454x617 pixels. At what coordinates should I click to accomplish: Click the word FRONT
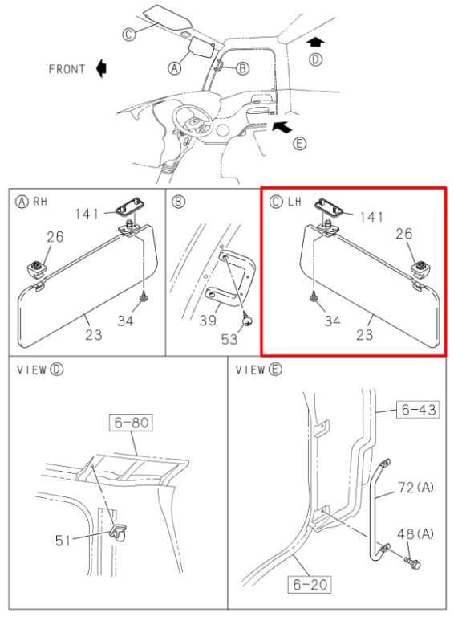67,69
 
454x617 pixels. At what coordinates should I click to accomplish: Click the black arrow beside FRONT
101,68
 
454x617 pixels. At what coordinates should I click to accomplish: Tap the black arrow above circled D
315,43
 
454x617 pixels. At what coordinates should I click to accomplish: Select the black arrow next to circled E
282,127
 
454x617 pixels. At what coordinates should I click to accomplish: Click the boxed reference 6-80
132,423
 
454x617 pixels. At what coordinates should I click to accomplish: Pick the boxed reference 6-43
418,410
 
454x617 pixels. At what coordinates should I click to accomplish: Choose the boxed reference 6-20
310,584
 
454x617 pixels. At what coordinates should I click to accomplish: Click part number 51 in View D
63,540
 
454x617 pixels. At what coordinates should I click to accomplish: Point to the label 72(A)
416,488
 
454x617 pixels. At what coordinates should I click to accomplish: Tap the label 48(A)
415,534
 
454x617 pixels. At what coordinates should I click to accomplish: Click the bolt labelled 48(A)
412,562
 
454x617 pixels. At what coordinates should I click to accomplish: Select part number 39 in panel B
208,320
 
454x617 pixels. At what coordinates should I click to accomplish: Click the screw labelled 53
246,318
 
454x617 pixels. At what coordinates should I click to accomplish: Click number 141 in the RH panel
87,214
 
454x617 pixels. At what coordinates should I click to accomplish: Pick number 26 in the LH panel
403,233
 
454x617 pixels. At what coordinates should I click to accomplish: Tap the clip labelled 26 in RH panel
38,268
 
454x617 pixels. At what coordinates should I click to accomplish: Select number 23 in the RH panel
94,334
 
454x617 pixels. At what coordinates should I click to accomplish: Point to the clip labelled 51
118,533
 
